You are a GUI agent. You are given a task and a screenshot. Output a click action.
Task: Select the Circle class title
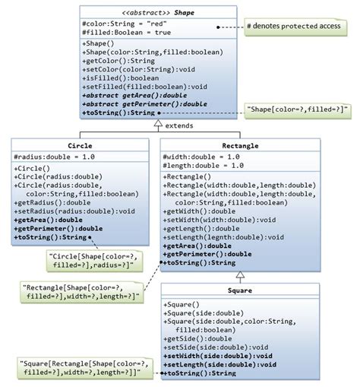pyautogui.click(x=80, y=144)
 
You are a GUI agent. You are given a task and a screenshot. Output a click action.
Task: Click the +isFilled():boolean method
pyautogui.click(x=120, y=76)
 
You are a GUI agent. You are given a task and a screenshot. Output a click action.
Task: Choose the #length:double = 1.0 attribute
pyautogui.click(x=203, y=165)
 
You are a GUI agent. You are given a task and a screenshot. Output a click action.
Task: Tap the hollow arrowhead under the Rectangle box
pyautogui.click(x=238, y=272)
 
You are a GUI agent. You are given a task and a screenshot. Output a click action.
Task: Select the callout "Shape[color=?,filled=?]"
pyautogui.click(x=296, y=111)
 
